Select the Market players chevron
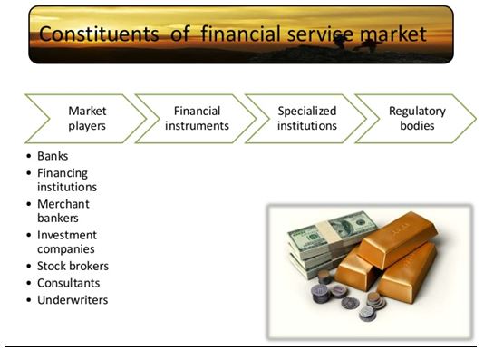click(x=87, y=118)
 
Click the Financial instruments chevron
click(x=197, y=118)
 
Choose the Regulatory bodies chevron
click(x=416, y=118)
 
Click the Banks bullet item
click(x=53, y=156)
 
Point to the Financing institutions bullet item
click(x=66, y=180)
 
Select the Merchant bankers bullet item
click(x=64, y=211)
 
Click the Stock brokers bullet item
click(x=73, y=267)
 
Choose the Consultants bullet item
click(x=68, y=283)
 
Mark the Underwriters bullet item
click(x=72, y=299)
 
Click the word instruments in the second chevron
click(x=197, y=126)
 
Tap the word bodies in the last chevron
click(x=416, y=126)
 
